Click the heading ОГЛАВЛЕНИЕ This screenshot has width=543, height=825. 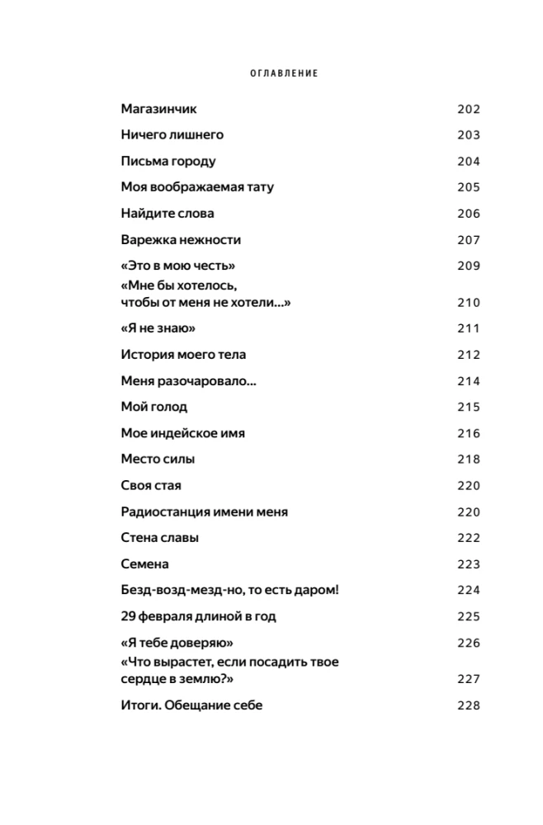pyautogui.click(x=284, y=73)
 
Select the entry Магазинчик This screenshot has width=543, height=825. pyautogui.click(x=158, y=109)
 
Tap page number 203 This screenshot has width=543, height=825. pyautogui.click(x=468, y=135)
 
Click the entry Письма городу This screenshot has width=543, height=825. pyautogui.click(x=168, y=161)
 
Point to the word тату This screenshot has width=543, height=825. pyautogui.click(x=259, y=187)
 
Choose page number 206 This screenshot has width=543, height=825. pyautogui.click(x=468, y=214)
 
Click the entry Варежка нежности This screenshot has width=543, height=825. pyautogui.click(x=180, y=240)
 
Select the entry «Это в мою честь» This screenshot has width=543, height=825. pyautogui.click(x=177, y=266)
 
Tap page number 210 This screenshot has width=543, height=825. pyautogui.click(x=468, y=302)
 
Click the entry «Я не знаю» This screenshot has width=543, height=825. pyautogui.click(x=157, y=328)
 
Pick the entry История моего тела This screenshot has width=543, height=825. pyautogui.click(x=182, y=355)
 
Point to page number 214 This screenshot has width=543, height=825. pyautogui.click(x=468, y=381)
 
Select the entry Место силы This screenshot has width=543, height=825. pyautogui.click(x=157, y=460)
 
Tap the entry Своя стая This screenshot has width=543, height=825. pyautogui.click(x=150, y=485)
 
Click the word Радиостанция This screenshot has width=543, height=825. pyautogui.click(x=163, y=511)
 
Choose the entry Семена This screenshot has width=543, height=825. pyautogui.click(x=144, y=564)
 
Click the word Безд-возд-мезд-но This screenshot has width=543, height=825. pyautogui.click(x=184, y=590)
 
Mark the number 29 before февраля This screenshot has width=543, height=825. pyautogui.click(x=128, y=616)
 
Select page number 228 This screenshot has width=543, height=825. pyautogui.click(x=468, y=705)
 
